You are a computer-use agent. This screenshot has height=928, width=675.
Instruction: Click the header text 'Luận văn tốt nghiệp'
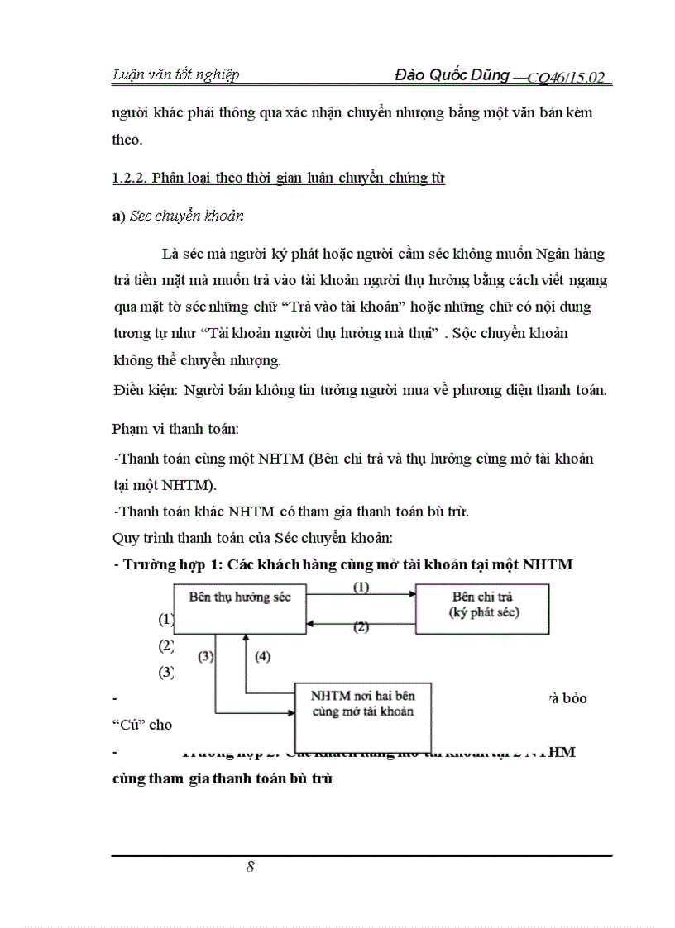pyautogui.click(x=175, y=75)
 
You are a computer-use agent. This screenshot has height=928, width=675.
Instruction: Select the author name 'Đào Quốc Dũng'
pyautogui.click(x=452, y=76)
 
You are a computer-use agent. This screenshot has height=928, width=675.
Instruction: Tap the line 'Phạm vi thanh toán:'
pyautogui.click(x=170, y=428)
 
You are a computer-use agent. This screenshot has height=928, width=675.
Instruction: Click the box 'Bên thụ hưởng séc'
pyautogui.click(x=240, y=597)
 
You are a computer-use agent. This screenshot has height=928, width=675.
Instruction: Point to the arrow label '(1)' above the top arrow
pyautogui.click(x=361, y=588)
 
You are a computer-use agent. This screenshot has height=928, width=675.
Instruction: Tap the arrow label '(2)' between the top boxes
pyautogui.click(x=361, y=626)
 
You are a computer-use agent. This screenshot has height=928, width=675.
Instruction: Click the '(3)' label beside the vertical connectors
pyautogui.click(x=206, y=657)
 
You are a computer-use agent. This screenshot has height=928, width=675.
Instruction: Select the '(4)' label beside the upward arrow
pyautogui.click(x=261, y=657)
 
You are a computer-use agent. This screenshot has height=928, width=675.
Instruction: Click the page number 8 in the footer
pyautogui.click(x=250, y=866)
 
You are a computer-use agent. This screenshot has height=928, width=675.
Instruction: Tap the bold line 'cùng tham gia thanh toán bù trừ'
pyautogui.click(x=222, y=778)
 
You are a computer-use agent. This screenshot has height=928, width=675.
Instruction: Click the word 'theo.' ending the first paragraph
pyautogui.click(x=127, y=140)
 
